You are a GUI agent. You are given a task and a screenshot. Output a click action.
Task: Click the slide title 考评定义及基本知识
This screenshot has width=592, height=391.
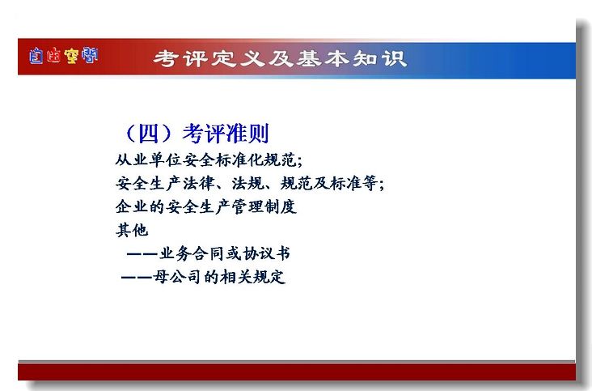click(280, 59)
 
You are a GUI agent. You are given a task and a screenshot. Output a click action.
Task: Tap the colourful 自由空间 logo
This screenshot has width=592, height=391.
click(63, 56)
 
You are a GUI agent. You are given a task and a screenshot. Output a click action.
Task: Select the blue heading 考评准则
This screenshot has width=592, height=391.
click(226, 134)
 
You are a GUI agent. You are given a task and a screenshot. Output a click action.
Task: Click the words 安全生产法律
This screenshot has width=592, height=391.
click(165, 184)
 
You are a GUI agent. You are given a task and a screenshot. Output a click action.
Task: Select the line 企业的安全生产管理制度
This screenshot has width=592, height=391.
click(206, 207)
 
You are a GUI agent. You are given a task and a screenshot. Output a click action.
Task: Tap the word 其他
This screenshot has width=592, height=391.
click(132, 230)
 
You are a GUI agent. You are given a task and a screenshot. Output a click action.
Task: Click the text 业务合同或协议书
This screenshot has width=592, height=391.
click(225, 253)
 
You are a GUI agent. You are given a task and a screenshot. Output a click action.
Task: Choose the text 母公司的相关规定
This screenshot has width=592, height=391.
click(219, 277)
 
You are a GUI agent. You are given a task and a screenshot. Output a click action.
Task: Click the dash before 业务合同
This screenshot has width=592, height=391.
click(142, 254)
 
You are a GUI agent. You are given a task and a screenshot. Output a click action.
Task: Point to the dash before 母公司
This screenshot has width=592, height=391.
click(137, 278)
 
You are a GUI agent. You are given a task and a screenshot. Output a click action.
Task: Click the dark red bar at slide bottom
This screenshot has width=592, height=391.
click(297, 372)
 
